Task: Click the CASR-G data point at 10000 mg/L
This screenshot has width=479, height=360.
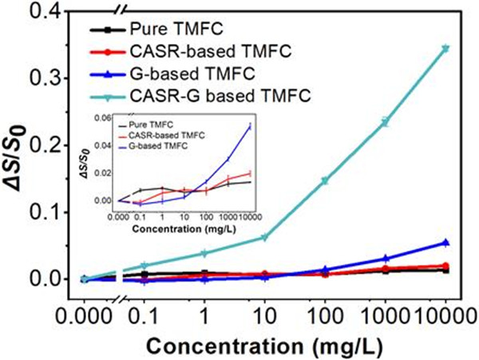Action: tap(445, 49)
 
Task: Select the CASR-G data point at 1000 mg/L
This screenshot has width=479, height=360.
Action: tap(385, 122)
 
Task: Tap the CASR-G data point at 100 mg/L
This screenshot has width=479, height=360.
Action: tap(325, 180)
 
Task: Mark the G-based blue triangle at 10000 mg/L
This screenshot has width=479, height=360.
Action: tap(445, 243)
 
